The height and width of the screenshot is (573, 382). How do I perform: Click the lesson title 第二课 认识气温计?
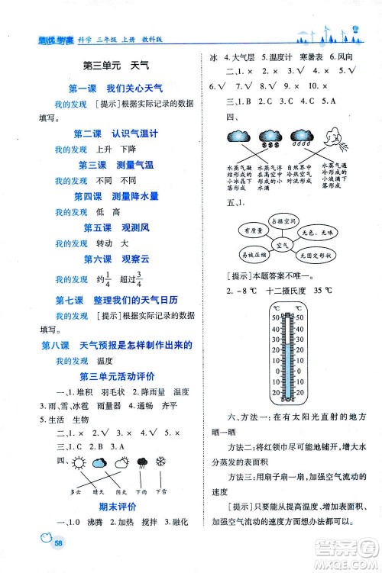click(115, 132)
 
